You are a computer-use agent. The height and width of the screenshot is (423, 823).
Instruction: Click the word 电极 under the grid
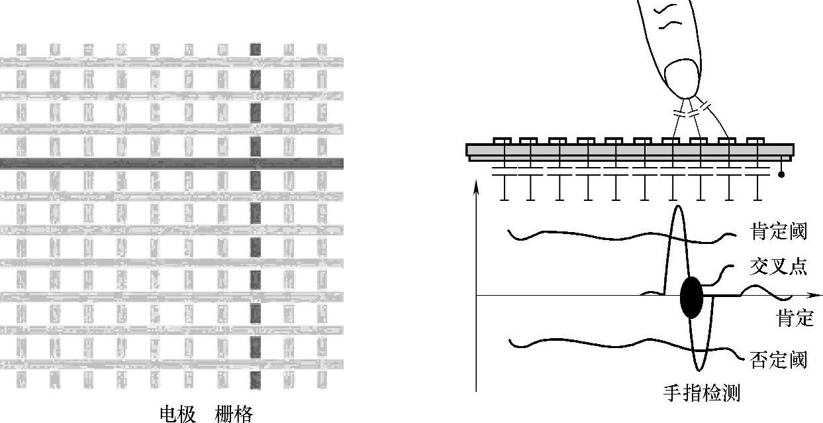click(x=178, y=414)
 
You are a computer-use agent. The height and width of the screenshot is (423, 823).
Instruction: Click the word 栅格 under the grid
click(x=234, y=414)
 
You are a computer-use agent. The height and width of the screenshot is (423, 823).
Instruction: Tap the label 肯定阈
click(x=779, y=231)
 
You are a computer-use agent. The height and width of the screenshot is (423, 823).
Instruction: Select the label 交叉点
click(x=779, y=266)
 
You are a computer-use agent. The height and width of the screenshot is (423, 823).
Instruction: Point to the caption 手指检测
click(x=702, y=393)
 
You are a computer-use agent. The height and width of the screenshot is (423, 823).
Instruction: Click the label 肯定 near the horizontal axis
click(x=795, y=318)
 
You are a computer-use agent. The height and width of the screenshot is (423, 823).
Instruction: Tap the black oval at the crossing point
click(x=691, y=297)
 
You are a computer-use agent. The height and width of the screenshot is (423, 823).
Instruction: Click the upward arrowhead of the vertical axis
click(x=476, y=182)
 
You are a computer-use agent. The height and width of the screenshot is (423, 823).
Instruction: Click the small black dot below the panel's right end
click(x=781, y=174)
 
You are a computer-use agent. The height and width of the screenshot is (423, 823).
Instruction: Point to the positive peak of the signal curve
click(x=677, y=208)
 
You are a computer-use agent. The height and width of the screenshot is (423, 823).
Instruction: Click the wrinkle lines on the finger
click(x=669, y=17)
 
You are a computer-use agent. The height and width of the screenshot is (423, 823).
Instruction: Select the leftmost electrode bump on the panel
click(x=501, y=141)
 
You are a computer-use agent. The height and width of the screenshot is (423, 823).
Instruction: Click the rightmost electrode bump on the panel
click(x=755, y=141)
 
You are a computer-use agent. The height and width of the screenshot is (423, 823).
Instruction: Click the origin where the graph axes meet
click(x=476, y=295)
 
